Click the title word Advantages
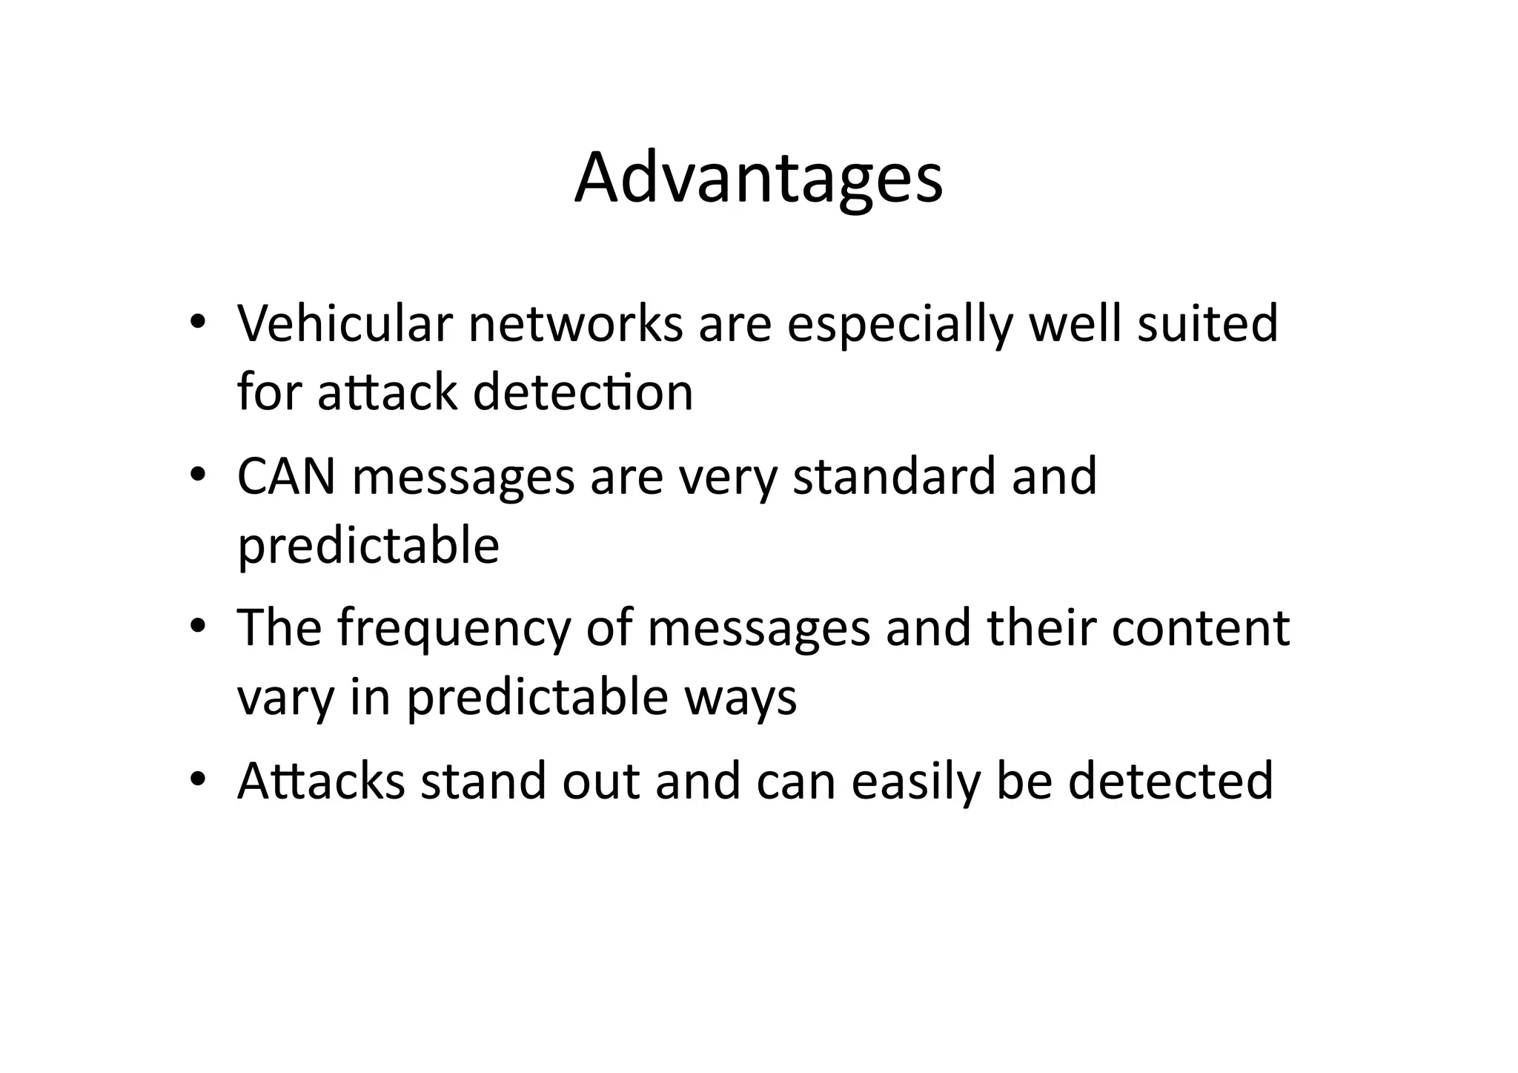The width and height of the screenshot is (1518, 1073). point(758,179)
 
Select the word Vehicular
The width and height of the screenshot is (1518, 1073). point(345,324)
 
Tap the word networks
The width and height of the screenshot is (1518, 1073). point(575,324)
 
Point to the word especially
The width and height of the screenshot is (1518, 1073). point(900,326)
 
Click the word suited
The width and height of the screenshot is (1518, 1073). point(1208,324)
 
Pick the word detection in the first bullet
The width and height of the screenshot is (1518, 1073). point(583,392)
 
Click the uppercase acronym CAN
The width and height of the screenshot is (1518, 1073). point(286,476)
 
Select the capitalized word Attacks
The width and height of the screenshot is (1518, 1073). point(321,781)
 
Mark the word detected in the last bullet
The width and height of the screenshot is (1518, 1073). point(1170,781)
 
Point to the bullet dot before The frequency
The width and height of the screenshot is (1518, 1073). point(196,627)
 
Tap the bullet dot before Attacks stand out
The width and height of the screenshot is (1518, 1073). point(196,780)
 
